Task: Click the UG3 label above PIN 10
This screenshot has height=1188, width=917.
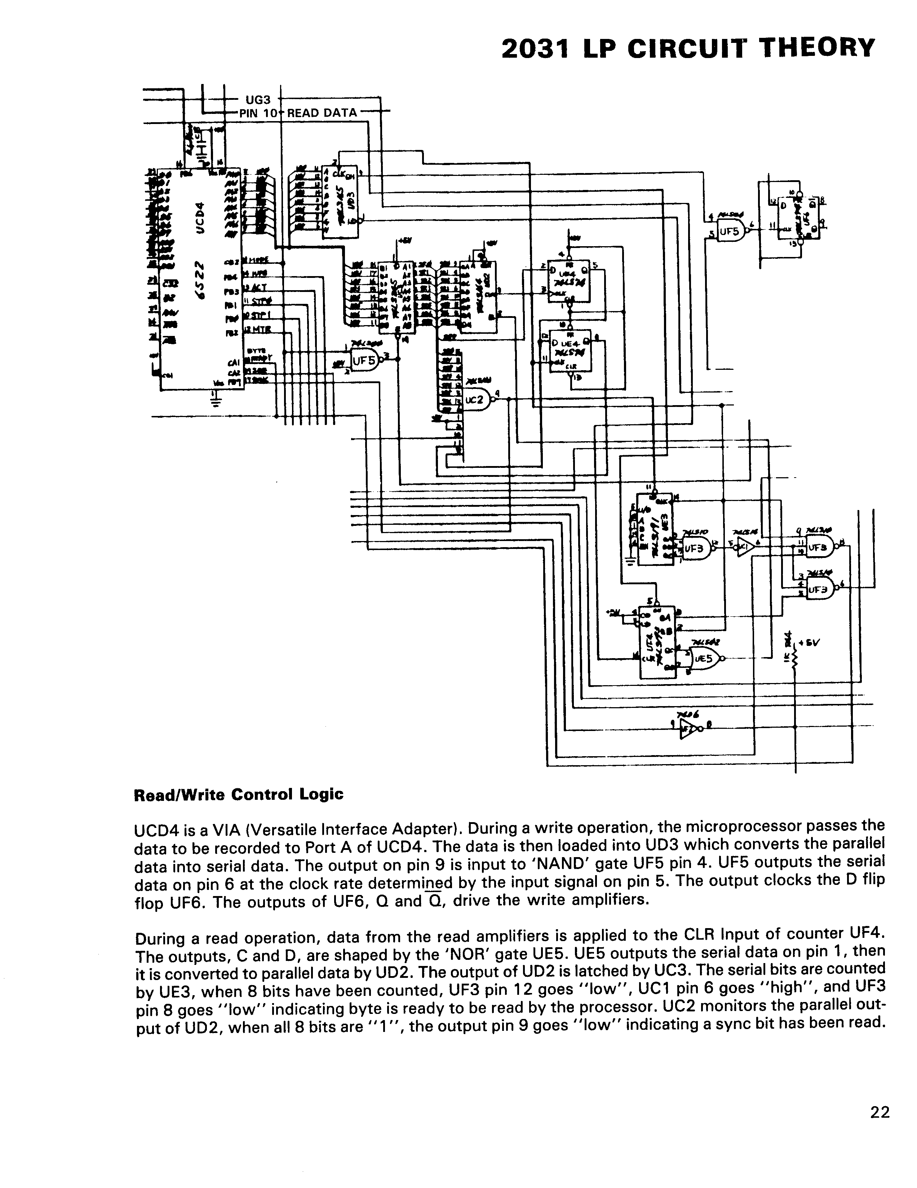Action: coord(258,99)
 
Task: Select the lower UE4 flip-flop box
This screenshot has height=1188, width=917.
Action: coord(570,351)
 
